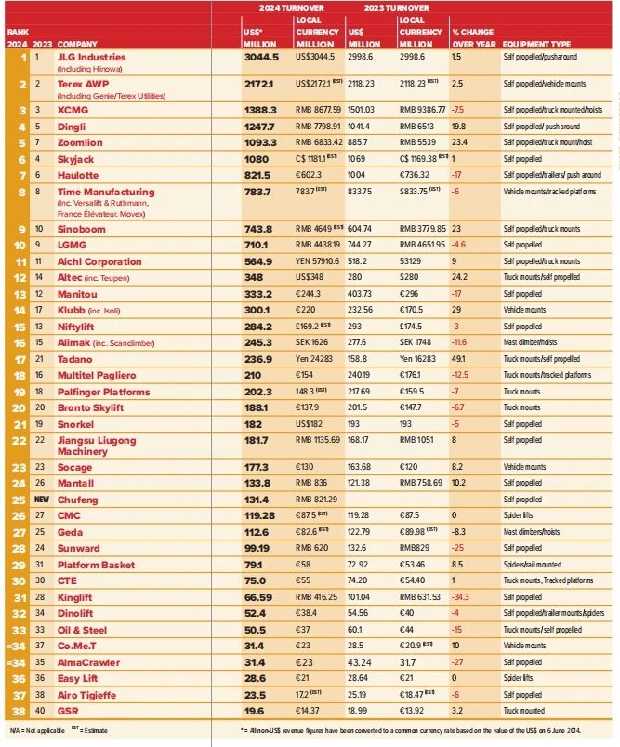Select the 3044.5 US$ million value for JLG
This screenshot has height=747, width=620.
pyautogui.click(x=261, y=57)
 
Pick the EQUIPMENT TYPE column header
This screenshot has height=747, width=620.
pyautogui.click(x=536, y=44)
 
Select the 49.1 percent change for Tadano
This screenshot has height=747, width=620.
pyautogui.click(x=459, y=357)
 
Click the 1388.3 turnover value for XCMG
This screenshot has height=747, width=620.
pyautogui.click(x=261, y=110)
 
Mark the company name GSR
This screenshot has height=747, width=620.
pyautogui.click(x=68, y=710)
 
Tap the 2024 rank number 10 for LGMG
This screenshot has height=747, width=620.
pyautogui.click(x=19, y=245)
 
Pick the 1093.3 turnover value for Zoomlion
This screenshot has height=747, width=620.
pyautogui.click(x=261, y=143)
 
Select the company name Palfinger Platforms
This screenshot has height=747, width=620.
pyautogui.click(x=103, y=392)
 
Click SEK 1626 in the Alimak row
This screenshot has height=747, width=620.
pyautogui.click(x=315, y=341)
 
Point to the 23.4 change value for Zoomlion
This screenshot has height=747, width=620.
pyautogui.click(x=459, y=143)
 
